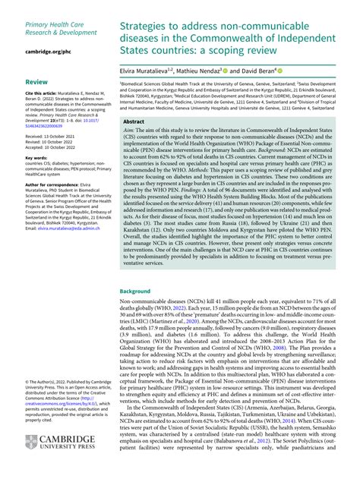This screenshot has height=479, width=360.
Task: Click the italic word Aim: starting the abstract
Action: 129,133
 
